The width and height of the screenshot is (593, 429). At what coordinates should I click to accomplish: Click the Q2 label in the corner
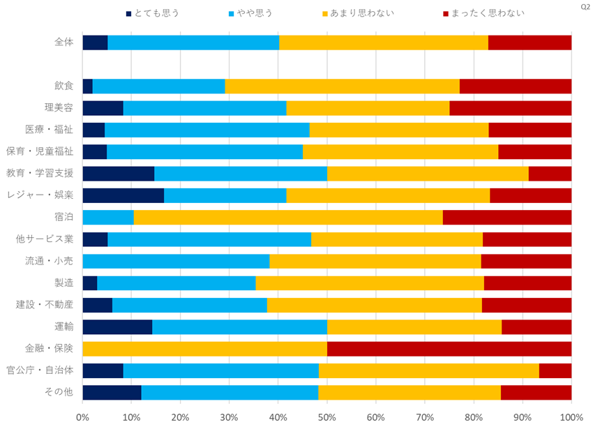pos(585,6)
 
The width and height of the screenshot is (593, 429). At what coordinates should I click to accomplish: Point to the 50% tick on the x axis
pos(326,417)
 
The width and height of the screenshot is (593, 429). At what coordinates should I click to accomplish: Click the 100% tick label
pos(571,417)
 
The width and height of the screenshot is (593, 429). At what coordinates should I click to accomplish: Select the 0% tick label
pos(82,417)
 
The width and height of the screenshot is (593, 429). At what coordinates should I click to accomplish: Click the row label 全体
pos(63,42)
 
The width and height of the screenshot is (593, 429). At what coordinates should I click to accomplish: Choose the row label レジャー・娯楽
pos(44,195)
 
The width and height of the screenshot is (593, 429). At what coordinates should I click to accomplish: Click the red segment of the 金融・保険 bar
pos(449,349)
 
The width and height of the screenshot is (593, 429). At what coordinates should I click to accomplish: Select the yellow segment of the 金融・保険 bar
pos(204,349)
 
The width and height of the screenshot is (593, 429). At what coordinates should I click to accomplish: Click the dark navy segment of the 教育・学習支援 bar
pos(118,174)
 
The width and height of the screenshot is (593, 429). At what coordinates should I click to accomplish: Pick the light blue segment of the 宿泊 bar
pos(108,217)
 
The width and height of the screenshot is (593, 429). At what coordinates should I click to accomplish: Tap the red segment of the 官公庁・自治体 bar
pos(555,370)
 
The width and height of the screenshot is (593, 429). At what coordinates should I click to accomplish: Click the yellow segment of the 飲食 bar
pos(342,86)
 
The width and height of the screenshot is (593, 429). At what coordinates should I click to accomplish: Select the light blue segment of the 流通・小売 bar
pos(176,262)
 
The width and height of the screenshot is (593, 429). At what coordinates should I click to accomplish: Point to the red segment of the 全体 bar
pos(530,43)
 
